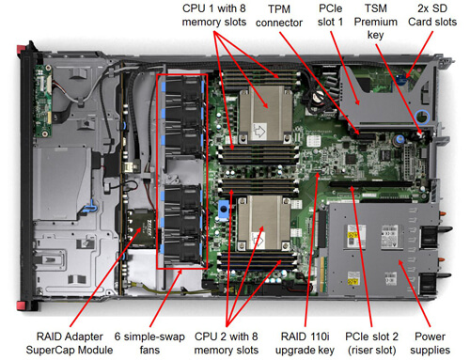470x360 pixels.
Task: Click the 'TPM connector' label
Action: (279, 16)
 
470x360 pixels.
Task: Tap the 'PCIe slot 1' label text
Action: (330, 15)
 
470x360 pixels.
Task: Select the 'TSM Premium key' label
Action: (376, 22)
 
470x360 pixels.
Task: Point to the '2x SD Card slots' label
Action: (432, 15)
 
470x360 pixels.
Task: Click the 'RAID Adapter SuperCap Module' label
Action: (70, 343)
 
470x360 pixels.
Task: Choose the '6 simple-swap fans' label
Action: (149, 343)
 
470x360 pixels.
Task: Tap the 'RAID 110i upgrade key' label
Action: (305, 343)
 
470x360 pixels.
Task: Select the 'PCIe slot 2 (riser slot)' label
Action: (371, 343)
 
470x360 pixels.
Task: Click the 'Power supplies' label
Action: (430, 343)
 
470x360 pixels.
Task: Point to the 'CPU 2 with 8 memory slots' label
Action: (227, 343)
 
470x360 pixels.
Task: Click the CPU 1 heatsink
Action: (266, 115)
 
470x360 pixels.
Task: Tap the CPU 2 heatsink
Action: (264, 223)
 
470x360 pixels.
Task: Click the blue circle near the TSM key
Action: (422, 117)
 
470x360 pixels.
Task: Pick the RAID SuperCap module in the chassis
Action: (142, 227)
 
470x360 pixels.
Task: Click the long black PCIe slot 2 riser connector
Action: (370, 184)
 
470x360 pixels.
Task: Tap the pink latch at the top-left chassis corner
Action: (21, 49)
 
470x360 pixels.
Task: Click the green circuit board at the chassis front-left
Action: (43, 101)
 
